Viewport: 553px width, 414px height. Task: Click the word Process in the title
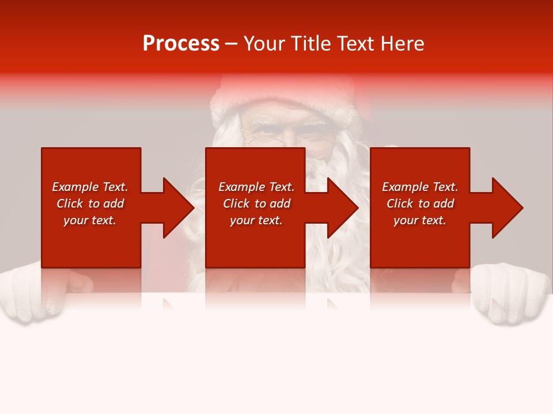coord(181,44)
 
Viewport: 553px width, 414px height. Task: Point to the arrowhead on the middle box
coord(342,208)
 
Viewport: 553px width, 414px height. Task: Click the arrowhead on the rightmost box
coord(506,208)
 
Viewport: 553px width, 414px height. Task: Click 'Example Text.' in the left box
coord(90,187)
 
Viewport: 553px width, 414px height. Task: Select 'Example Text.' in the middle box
coord(256,187)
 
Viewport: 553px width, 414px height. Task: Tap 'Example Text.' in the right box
coord(420,187)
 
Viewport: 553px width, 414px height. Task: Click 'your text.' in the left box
coord(90,220)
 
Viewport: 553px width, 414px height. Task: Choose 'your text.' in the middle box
coord(256,220)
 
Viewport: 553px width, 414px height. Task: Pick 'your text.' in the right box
coord(420,220)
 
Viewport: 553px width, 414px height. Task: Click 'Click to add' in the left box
coord(90,204)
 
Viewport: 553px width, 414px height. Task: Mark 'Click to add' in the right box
coord(420,204)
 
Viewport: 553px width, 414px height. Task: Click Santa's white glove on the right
coord(513,293)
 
